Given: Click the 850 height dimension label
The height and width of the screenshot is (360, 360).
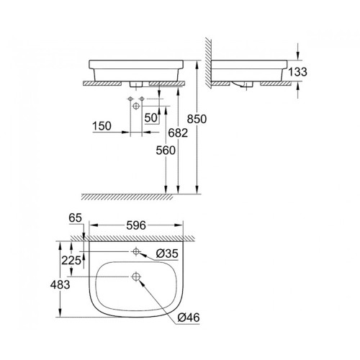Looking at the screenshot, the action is (x=197, y=119).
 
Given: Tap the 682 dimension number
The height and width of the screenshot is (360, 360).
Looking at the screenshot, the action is (x=178, y=132).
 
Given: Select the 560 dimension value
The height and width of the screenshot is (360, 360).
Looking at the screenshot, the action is (x=166, y=150).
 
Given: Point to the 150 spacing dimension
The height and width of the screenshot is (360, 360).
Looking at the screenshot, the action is (x=102, y=126).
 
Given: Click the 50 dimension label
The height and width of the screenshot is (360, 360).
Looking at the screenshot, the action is (x=151, y=117).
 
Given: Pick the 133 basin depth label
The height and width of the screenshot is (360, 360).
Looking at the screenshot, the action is (x=297, y=72).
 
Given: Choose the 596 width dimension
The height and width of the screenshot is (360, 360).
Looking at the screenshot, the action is (x=136, y=225).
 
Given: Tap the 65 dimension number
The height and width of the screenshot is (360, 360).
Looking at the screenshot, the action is (x=76, y=218).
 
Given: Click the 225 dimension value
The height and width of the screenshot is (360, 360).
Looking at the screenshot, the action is (x=71, y=260).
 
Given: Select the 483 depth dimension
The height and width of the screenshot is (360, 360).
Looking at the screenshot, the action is (x=60, y=284).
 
